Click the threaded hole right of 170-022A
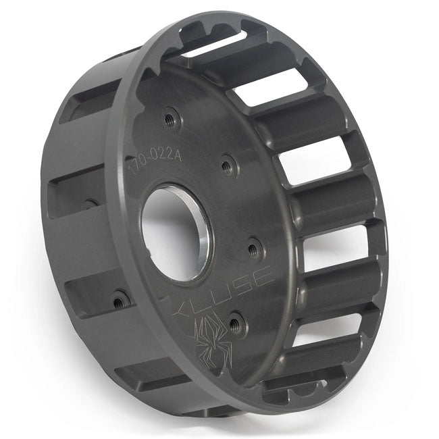tap(228, 163)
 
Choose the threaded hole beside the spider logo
tap(234, 324)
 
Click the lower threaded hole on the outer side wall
tap(121, 298)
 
